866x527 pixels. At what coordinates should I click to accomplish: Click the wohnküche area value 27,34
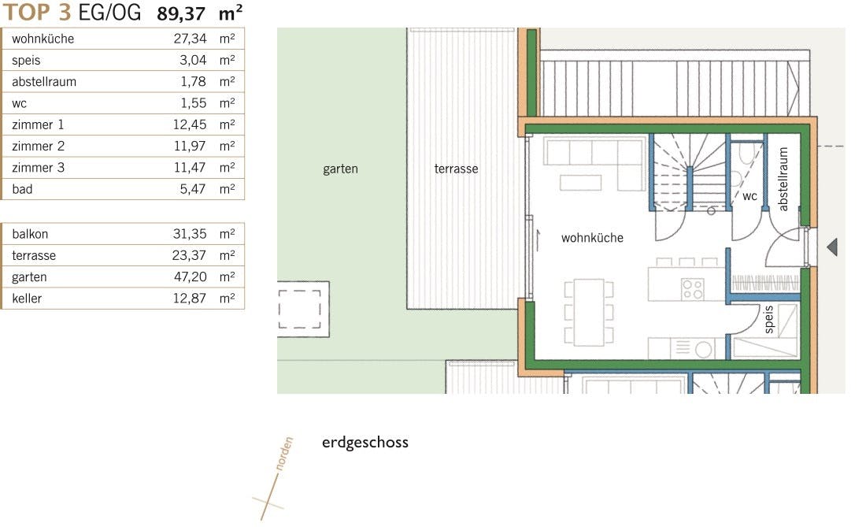190,39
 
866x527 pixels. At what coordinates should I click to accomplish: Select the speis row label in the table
26,60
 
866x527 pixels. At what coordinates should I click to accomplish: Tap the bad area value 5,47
193,189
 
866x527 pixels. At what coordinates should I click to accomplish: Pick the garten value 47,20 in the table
191,276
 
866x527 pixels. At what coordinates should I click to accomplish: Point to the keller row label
27,299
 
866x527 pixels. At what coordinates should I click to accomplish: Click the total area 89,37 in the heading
181,13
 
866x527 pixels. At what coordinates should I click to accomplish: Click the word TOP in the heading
27,12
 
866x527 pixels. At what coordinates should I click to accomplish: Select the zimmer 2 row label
38,146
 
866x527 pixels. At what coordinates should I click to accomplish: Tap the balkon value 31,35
190,234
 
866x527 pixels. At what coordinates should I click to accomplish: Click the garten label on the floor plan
340,169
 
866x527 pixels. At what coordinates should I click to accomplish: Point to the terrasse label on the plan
456,169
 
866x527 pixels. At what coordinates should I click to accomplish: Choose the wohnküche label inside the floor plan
592,238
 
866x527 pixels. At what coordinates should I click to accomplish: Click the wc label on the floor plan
749,197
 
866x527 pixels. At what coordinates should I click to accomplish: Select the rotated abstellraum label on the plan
783,179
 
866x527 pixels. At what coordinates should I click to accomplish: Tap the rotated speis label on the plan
769,319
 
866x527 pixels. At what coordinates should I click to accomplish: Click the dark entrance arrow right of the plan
832,247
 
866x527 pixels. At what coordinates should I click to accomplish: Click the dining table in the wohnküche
589,312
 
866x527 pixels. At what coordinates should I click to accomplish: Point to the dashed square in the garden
299,310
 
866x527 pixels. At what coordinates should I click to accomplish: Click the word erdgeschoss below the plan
365,443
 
